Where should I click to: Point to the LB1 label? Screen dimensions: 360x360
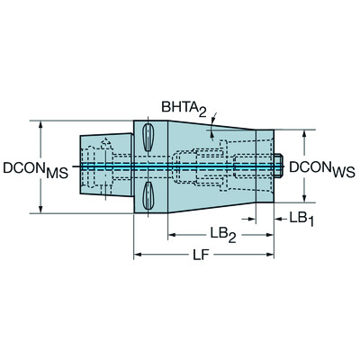pos(299,218)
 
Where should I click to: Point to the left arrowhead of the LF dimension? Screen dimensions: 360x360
pos(139,256)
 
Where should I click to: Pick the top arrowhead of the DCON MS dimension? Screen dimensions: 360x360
pos(40,124)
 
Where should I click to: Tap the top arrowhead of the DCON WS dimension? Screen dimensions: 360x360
pos(307,133)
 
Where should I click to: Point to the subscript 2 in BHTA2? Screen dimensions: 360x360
pos(206,112)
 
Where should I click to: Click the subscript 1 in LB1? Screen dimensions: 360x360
pos(310,221)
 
